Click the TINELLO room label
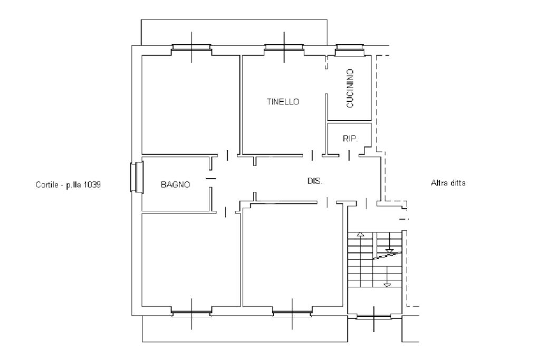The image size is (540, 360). pyautogui.click(x=283, y=102)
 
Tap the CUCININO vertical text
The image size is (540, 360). pyautogui.click(x=350, y=89)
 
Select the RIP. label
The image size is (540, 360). pyautogui.click(x=350, y=139)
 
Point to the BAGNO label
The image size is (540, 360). pyautogui.click(x=175, y=184)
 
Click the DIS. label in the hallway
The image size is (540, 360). pyautogui.click(x=315, y=181)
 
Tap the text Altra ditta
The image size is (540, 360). pyautogui.click(x=448, y=183)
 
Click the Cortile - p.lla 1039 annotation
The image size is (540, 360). pyautogui.click(x=68, y=185)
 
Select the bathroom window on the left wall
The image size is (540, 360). pyautogui.click(x=137, y=177)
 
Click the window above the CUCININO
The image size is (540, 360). pyautogui.click(x=350, y=50)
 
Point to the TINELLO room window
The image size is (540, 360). pyautogui.click(x=284, y=50)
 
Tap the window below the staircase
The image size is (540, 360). pyautogui.click(x=374, y=316)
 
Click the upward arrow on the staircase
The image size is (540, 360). pyautogui.click(x=360, y=234)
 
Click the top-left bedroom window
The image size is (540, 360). pyautogui.click(x=191, y=50)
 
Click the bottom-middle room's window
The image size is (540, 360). pyautogui.click(x=292, y=313)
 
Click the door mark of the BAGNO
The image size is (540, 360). pyautogui.click(x=211, y=178)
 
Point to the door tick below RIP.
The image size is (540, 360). pyautogui.click(x=350, y=155)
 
